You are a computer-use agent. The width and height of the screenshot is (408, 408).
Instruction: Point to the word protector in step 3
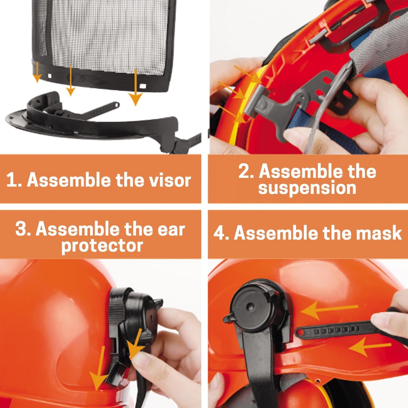(x=102, y=246)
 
